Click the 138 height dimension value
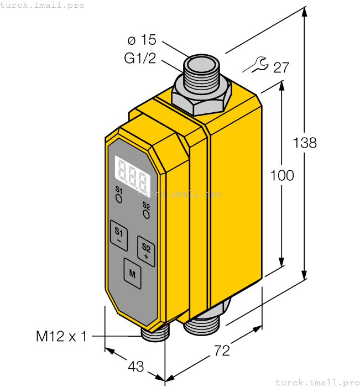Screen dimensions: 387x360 point(305,143)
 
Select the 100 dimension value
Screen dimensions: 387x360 point(282,176)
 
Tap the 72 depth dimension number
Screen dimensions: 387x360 point(221,351)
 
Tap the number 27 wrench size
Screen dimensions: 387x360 point(281,68)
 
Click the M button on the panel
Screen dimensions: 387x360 point(132,273)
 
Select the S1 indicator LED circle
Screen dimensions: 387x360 point(119,196)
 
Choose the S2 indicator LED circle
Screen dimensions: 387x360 point(146,213)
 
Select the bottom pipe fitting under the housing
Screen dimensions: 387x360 point(205,323)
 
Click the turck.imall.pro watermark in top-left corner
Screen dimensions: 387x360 point(43,5)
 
